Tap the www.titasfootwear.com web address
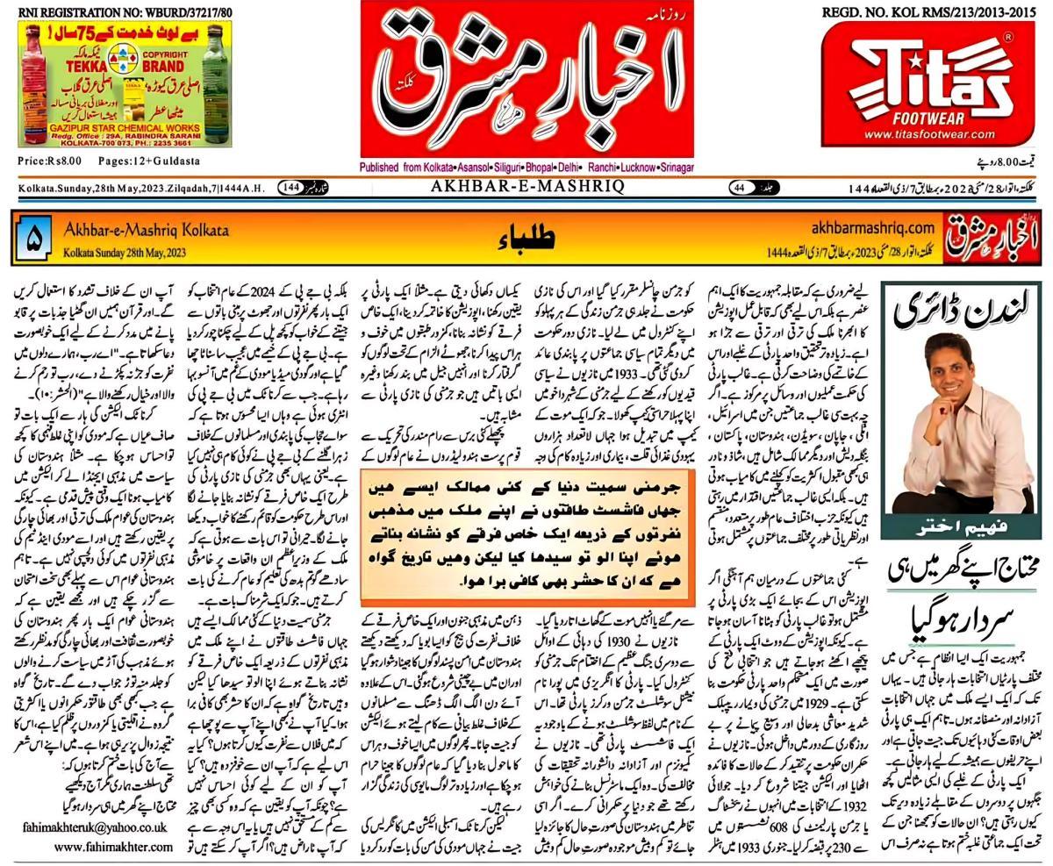[x=928, y=134]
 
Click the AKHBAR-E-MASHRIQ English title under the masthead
[x=526, y=187]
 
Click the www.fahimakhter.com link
[x=113, y=847]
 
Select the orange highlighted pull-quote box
[x=527, y=533]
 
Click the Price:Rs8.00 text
[x=49, y=161]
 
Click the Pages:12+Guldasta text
[x=149, y=161]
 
